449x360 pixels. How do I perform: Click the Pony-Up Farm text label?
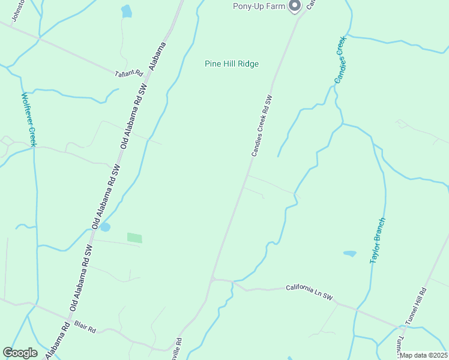pos(259,7)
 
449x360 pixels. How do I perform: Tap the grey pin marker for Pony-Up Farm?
pos(295,6)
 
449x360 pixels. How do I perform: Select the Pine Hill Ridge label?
pos(231,64)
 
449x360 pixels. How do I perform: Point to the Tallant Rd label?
pos(129,73)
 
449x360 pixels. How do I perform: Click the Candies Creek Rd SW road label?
pos(262,126)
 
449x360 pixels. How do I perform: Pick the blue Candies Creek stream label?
pos(340,60)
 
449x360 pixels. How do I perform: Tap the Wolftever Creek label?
pos(29,119)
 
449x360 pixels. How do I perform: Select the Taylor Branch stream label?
pos(377,241)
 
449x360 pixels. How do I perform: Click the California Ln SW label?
pos(309,292)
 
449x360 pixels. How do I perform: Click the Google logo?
pos(20,353)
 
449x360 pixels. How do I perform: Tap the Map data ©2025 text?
pos(423,355)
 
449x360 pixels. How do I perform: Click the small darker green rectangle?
pos(134,238)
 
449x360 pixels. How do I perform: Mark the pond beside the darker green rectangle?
pos(105,227)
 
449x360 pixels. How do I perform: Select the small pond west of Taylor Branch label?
pos(349,254)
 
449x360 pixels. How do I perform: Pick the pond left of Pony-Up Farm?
pos(126,11)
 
